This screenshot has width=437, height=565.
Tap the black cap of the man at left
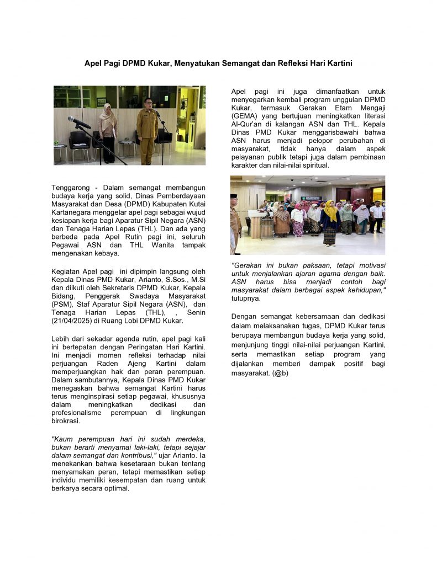pyautogui.click(x=234, y=196)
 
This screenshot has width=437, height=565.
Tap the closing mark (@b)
pyautogui.click(x=280, y=373)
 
